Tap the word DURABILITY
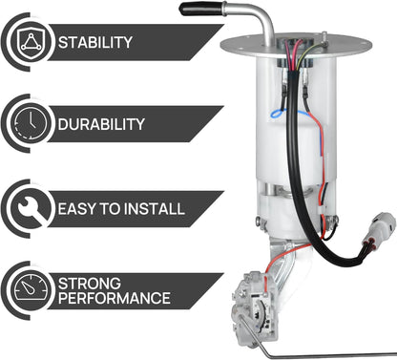tap(102, 124)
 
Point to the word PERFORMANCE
tap(115, 299)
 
